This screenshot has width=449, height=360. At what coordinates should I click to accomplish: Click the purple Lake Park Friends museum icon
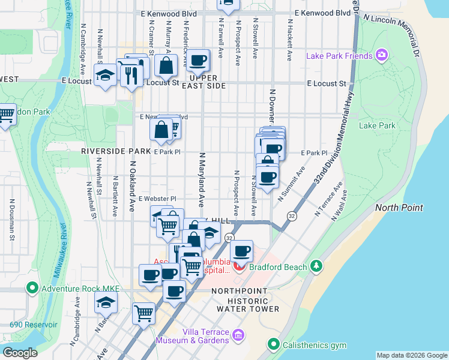(x=382, y=56)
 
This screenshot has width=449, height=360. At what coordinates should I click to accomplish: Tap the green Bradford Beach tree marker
(x=317, y=266)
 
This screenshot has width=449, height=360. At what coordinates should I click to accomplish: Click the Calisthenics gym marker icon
(x=274, y=344)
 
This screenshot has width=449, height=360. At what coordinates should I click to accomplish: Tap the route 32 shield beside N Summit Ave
(x=291, y=215)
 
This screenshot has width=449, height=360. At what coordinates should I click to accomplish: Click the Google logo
(x=20, y=352)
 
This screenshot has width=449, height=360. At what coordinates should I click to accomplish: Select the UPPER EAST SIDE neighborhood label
(x=208, y=82)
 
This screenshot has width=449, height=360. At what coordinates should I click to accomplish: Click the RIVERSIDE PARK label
(x=116, y=152)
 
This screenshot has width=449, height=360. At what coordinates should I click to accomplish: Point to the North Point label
(x=399, y=208)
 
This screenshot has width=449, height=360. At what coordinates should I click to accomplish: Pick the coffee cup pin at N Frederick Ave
(x=197, y=60)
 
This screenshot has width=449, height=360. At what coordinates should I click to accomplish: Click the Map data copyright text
(x=411, y=355)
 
